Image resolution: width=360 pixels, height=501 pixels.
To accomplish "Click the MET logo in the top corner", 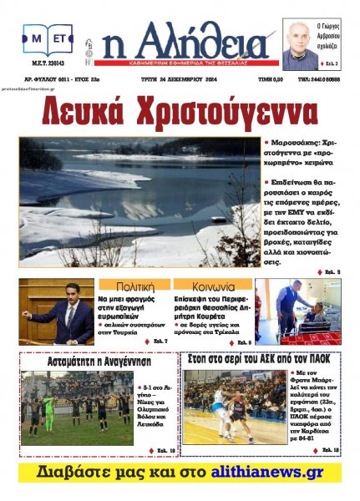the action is [x=48, y=39].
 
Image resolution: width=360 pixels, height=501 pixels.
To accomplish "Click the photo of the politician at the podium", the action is [x=57, y=311].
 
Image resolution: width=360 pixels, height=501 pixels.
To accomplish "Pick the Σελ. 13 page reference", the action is [x=330, y=450].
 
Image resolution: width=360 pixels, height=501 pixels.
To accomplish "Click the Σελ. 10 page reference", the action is [x=164, y=450].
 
